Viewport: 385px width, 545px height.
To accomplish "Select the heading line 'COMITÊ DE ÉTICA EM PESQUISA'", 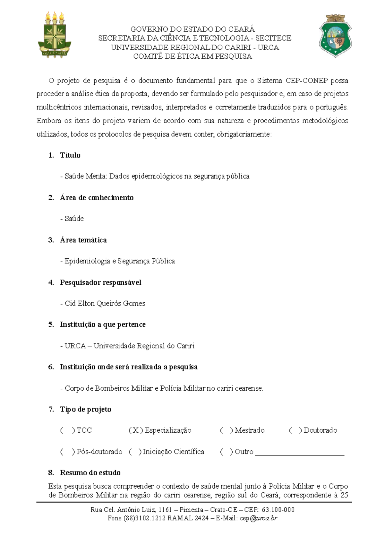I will (x=193, y=56).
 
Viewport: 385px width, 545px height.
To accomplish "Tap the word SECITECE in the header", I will (x=273, y=38).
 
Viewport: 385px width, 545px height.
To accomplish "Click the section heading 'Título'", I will (x=70, y=155).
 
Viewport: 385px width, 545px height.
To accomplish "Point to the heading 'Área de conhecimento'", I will (x=97, y=198).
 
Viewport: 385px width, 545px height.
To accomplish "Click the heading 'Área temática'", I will (x=83, y=240).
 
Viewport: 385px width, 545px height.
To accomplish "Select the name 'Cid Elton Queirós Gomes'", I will (x=105, y=304).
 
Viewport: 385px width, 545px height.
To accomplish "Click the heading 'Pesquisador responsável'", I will (x=100, y=282).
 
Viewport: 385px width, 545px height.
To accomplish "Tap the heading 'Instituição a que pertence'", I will (x=103, y=324).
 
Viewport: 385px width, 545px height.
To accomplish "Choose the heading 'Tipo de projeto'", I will (x=85, y=409).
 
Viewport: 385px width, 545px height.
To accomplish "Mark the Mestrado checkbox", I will (x=227, y=430).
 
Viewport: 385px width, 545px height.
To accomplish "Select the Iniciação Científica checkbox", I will (x=135, y=452).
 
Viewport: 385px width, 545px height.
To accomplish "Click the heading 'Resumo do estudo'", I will (x=90, y=473).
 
